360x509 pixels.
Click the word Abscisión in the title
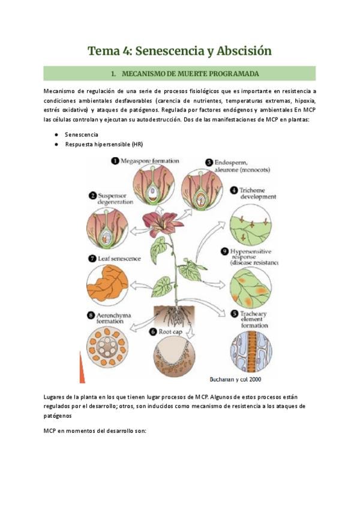pos(244,51)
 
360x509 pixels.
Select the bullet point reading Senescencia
pos(82,134)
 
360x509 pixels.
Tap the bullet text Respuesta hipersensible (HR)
pos(104,144)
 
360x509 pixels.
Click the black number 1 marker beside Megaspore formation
pos(115,161)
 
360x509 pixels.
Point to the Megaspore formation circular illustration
pos(154,185)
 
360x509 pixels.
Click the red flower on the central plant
pos(162,223)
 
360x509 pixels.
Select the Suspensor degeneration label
pos(115,199)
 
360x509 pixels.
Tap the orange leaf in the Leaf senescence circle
pos(107,284)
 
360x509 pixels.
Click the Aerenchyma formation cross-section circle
pos(107,347)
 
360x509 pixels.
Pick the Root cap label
pos(170,332)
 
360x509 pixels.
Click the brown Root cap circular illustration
pos(175,357)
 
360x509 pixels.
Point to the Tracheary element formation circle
pos(251,352)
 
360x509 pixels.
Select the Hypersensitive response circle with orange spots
pos(251,288)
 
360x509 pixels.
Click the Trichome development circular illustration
pos(251,225)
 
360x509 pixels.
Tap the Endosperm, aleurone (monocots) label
pos(242,166)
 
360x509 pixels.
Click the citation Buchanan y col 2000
pos(235,379)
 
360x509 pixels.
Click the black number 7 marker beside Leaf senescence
pos(92,259)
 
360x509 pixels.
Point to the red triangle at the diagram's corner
pos(82,368)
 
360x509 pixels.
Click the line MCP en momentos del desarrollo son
pos(95,431)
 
